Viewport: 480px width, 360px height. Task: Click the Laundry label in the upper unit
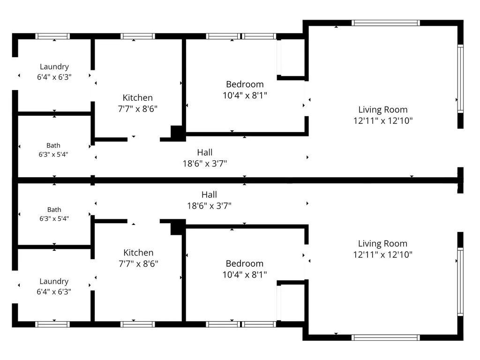[54, 67]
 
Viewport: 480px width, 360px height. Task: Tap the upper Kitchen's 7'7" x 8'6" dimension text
[138, 109]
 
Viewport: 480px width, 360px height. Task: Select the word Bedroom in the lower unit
[245, 263]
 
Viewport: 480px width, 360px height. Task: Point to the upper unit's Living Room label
[383, 110]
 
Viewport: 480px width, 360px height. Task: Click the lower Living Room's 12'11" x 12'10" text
[383, 255]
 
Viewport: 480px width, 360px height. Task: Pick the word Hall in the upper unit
[205, 152]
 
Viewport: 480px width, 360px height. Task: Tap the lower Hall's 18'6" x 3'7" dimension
[210, 206]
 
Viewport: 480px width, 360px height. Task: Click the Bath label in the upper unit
[53, 145]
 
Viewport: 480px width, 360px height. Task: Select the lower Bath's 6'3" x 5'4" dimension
[54, 218]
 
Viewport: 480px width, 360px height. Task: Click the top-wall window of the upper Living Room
[386, 22]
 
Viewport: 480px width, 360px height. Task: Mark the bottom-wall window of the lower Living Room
[386, 337]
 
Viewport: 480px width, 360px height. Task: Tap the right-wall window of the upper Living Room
[460, 79]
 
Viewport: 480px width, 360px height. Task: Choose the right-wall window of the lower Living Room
[460, 282]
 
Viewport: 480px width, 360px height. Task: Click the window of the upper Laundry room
[52, 36]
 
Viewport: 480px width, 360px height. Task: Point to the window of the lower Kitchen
[138, 324]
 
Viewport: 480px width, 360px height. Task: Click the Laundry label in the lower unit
[54, 281]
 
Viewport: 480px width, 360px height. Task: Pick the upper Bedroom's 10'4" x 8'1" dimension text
[245, 96]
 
